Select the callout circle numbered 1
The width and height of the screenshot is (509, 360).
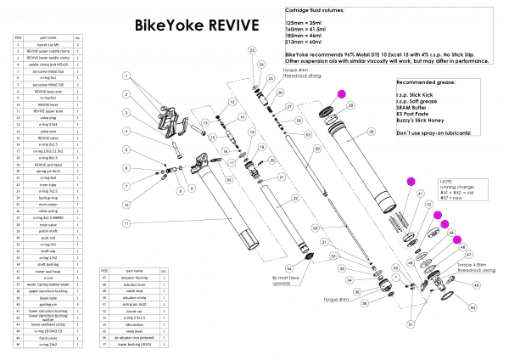(126, 76)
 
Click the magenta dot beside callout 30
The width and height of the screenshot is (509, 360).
(343, 94)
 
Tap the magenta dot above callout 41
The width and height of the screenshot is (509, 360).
(411, 181)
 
